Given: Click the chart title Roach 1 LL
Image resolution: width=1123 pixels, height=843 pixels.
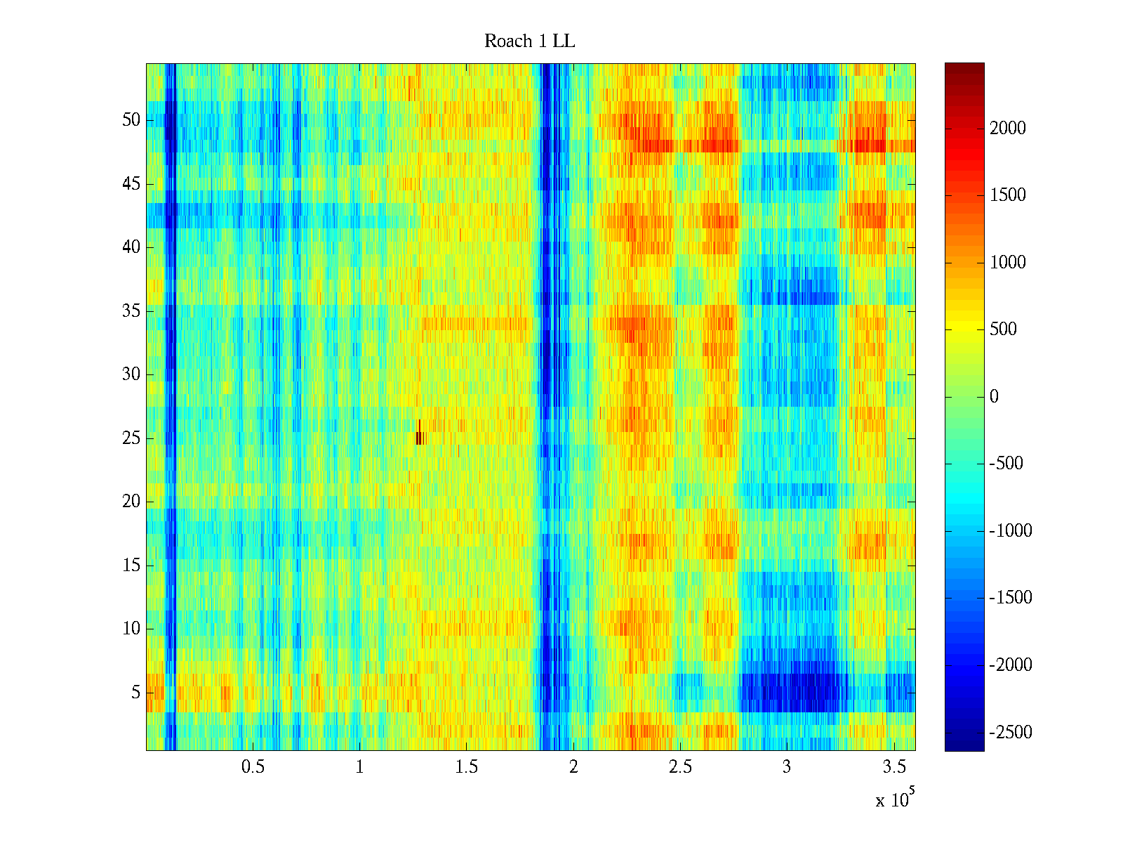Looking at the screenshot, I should (x=529, y=41).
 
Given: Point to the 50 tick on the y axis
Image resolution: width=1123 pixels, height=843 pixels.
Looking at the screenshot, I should (x=131, y=120).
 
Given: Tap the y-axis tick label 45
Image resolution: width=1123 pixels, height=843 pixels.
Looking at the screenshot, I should (x=131, y=184).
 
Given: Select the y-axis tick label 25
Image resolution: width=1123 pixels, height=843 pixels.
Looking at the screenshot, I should (x=131, y=438).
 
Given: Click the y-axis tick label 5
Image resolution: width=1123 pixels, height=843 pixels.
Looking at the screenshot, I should (x=135, y=693).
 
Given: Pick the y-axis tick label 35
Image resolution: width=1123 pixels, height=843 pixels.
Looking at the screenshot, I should (x=131, y=311).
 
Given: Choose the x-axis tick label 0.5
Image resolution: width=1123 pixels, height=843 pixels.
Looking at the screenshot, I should (x=253, y=767).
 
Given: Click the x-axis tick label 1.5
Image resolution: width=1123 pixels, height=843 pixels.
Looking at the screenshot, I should (x=466, y=767).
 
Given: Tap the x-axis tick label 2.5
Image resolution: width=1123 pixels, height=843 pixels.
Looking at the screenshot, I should (x=680, y=767).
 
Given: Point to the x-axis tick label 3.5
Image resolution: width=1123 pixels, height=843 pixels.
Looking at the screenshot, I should (x=893, y=767).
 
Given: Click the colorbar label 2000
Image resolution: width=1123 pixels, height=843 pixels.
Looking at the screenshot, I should (x=1008, y=128).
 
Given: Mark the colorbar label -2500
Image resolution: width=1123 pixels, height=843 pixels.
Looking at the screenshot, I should (x=1011, y=733).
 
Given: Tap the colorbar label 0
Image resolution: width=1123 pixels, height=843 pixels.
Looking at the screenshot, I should (x=994, y=397).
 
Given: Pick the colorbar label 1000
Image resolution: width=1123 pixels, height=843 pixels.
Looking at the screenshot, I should (x=1008, y=263).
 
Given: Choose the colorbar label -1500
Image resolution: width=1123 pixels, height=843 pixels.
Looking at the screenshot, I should (x=1011, y=598).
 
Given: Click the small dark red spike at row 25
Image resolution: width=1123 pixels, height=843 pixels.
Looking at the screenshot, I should (x=419, y=436).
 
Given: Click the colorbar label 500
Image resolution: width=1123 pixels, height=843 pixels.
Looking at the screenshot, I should (x=1004, y=329).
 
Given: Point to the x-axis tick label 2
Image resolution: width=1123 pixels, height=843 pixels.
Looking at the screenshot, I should (x=573, y=767).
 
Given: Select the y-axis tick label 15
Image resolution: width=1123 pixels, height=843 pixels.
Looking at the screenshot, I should (x=131, y=566).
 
